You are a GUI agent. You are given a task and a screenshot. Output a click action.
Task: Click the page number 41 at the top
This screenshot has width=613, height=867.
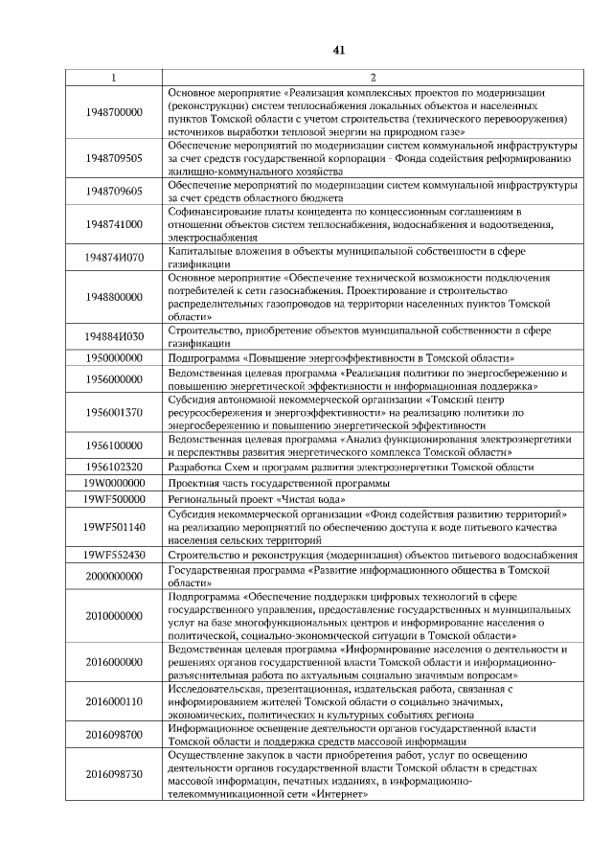338,50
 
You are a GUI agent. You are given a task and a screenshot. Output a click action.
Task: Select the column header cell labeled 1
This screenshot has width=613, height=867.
113,77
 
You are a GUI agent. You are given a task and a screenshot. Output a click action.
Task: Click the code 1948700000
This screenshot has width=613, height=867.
113,112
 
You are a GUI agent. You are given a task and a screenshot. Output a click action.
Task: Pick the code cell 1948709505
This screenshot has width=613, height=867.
113,157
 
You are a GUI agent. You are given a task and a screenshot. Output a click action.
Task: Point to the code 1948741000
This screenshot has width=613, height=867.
113,224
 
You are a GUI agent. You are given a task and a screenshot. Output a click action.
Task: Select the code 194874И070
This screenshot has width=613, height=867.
113,258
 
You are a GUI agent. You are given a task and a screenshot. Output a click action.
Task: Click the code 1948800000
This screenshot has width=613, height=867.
113,297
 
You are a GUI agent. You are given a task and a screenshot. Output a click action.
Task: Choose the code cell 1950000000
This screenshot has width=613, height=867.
113,357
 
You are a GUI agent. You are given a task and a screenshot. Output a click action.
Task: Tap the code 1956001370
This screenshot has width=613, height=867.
113,412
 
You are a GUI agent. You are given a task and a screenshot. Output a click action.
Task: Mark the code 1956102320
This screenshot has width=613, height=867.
113,467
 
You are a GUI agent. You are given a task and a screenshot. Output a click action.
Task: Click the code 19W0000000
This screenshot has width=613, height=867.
113,484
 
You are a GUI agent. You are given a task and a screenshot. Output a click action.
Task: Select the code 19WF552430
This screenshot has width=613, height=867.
113,555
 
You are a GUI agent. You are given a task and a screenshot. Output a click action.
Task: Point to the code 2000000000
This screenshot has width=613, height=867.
113,576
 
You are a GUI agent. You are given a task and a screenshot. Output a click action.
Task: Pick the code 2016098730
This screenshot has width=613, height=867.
113,774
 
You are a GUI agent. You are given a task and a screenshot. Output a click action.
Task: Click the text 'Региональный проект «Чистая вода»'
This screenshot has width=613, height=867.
257,500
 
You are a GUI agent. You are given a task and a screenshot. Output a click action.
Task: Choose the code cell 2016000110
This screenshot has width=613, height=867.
113,701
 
